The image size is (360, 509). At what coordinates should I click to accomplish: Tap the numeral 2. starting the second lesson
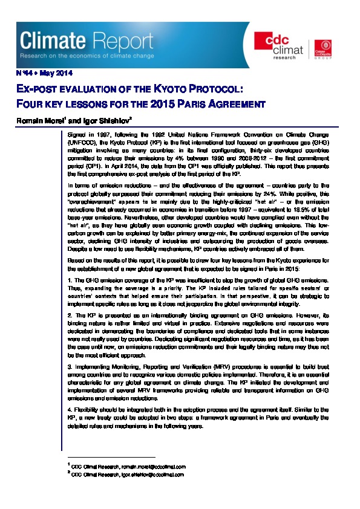click(70, 314)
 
